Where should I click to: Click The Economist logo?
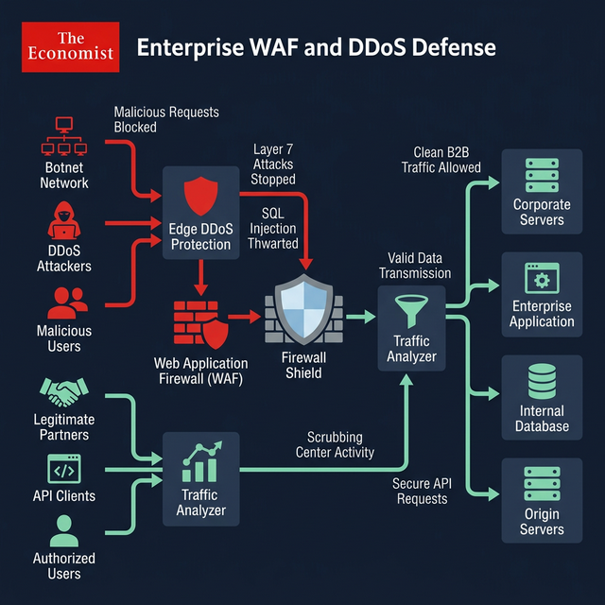click(70, 47)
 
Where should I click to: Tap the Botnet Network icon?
click(64, 138)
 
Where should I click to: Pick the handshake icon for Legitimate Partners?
click(64, 390)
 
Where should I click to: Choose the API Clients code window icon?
click(64, 469)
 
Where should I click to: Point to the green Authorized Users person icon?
click(64, 530)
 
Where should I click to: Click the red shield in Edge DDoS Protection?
click(200, 196)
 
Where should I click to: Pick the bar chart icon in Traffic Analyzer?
click(200, 462)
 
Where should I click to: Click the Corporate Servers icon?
click(542, 176)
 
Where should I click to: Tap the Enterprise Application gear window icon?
click(542, 280)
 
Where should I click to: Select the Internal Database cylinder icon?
click(542, 380)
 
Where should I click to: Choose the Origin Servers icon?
click(542, 484)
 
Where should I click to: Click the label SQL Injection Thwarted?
click(272, 229)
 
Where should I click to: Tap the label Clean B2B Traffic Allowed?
click(441, 160)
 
